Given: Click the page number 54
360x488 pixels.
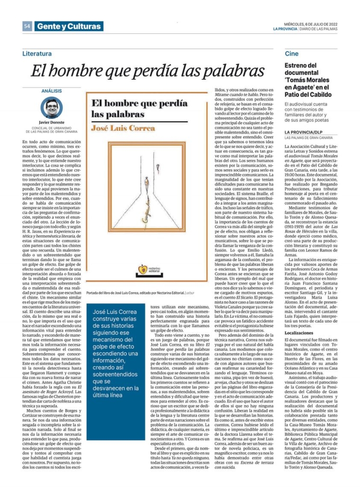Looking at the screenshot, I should [x=27, y=27].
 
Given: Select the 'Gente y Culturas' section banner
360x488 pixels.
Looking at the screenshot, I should [x=69, y=27].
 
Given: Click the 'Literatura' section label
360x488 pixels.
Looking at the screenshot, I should [x=37, y=54].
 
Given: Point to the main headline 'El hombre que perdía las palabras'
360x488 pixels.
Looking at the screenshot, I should [x=147, y=71].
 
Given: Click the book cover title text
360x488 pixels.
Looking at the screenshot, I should [x=133, y=108].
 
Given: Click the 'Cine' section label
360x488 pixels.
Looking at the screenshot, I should [x=291, y=54].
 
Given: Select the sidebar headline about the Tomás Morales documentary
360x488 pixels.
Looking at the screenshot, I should [x=308, y=80].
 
